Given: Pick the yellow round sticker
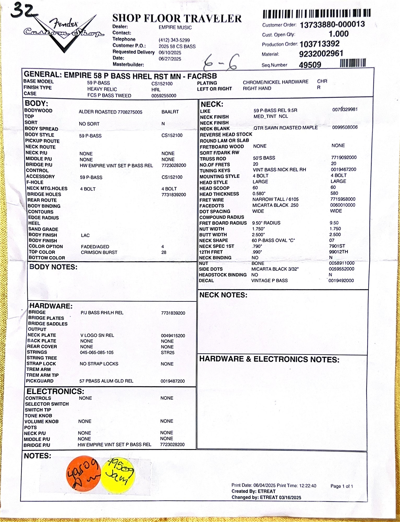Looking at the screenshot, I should [118, 476].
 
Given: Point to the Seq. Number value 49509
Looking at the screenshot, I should [310, 65].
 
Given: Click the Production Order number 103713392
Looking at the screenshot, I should [320, 44].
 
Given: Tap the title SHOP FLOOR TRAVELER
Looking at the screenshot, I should [177, 18].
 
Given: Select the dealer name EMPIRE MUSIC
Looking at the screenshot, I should [175, 27].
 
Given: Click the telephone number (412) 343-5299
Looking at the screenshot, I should [174, 40].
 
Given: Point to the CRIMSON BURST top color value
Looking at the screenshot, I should [99, 252].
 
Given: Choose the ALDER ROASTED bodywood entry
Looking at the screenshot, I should [110, 112].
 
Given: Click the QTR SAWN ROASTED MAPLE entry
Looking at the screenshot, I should [286, 128].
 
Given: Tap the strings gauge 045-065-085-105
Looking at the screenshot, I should [97, 352].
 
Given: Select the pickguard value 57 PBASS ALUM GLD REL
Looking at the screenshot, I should [106, 381].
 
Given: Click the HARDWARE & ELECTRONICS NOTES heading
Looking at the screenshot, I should [269, 359].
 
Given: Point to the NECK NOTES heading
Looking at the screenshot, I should [223, 295].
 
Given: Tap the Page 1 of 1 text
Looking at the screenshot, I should [341, 486].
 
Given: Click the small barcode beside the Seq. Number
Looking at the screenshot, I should [352, 63].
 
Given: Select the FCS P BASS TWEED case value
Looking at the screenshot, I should [109, 96].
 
